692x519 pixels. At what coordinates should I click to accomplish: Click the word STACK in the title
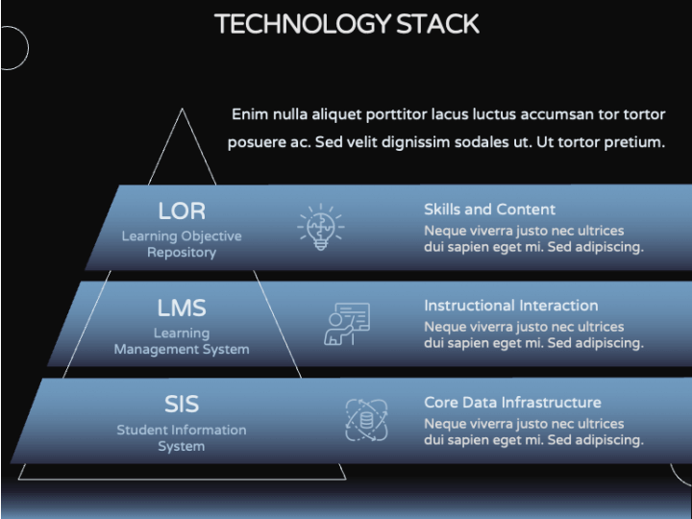click(x=437, y=24)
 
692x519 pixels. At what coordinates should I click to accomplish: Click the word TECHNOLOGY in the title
click(x=303, y=24)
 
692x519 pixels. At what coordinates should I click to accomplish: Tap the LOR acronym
click(x=182, y=210)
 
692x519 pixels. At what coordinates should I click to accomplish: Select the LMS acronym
click(x=182, y=308)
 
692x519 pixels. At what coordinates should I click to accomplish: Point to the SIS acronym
click(x=182, y=405)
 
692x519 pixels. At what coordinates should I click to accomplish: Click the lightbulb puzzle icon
click(x=321, y=227)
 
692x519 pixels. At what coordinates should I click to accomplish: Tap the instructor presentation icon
click(x=347, y=324)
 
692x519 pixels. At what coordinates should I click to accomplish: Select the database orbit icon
click(x=366, y=420)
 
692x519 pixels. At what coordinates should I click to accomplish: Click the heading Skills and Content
click(x=489, y=210)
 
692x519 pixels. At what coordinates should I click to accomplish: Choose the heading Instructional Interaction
click(x=511, y=306)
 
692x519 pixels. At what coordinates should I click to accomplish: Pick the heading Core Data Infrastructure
click(x=512, y=403)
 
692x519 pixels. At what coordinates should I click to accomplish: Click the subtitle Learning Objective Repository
click(x=182, y=244)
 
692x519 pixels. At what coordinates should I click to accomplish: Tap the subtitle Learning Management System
click(x=182, y=341)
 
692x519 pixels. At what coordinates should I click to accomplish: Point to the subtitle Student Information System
click(x=182, y=438)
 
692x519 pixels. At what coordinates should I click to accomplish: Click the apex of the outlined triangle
click(x=182, y=109)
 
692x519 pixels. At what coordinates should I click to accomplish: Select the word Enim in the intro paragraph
click(x=250, y=114)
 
